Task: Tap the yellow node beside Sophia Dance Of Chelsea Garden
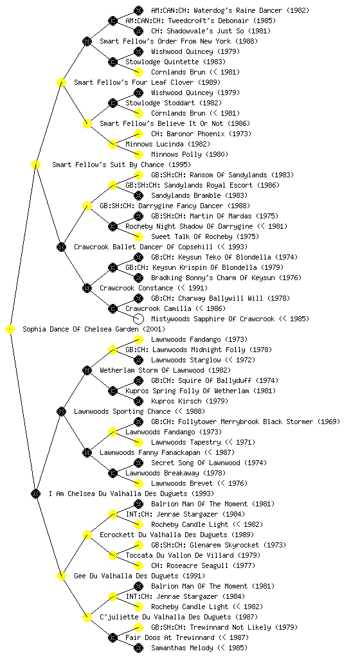point(10,330)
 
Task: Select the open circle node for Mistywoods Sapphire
point(138,319)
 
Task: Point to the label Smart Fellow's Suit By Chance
point(108,165)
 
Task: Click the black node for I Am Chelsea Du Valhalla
point(35,494)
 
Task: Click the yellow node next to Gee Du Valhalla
point(61,576)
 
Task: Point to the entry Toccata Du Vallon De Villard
point(179,556)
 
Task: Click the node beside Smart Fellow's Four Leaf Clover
point(61,83)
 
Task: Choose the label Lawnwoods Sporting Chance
point(122,412)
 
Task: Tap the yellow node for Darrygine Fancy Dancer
point(87,206)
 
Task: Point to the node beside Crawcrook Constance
point(87,289)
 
